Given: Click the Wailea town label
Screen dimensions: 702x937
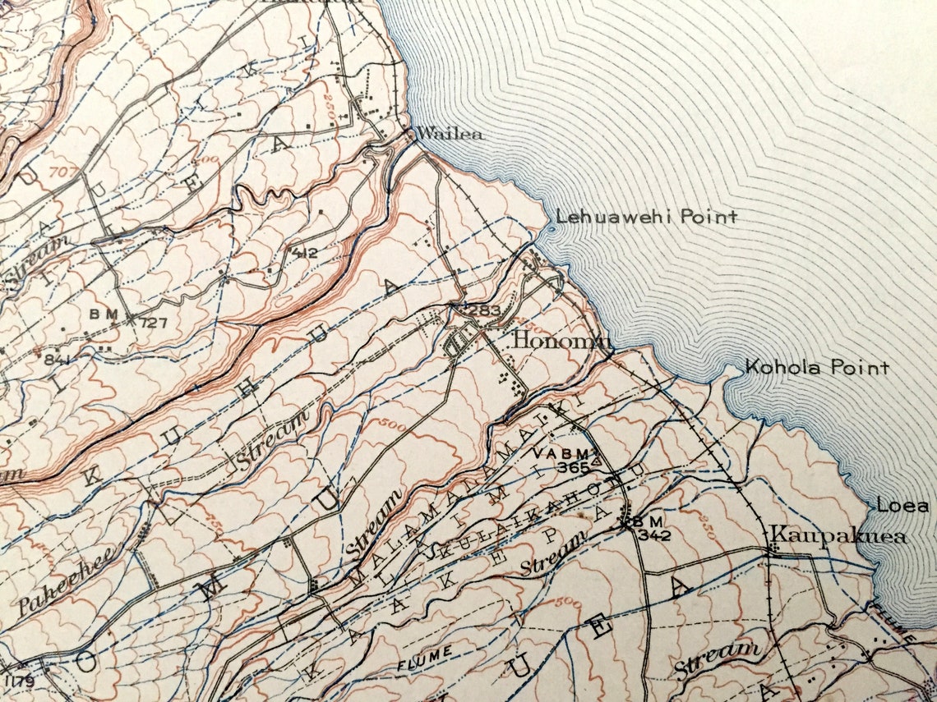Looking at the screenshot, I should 450,134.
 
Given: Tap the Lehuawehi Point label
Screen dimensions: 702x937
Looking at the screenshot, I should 646,217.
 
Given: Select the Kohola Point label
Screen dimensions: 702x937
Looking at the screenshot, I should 816,367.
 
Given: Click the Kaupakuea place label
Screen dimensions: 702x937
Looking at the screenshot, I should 838,537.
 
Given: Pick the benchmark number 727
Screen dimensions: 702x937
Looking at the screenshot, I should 153,322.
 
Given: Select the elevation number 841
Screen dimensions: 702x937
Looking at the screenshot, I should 58,358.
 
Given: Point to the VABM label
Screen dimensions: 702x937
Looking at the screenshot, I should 561,454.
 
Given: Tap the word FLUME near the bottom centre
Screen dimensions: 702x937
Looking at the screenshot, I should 424,652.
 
